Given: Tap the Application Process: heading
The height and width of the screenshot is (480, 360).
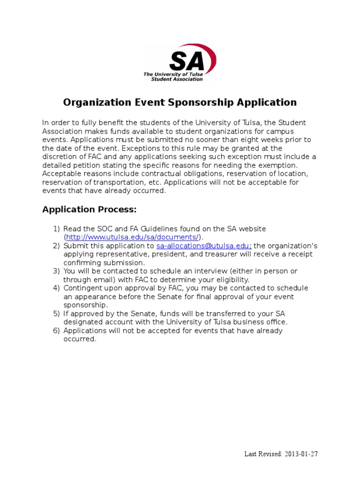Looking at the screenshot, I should (90, 209).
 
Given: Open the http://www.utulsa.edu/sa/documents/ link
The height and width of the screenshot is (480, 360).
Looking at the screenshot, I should (133, 237).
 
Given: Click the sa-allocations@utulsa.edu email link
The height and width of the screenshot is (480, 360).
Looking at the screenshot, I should (204, 246).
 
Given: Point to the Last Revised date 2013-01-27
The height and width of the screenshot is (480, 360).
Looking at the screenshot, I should (301, 454).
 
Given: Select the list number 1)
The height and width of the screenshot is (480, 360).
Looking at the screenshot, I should (56, 229).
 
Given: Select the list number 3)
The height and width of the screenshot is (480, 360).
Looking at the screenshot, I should (56, 271).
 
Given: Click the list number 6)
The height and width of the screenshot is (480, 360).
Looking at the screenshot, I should (56, 330).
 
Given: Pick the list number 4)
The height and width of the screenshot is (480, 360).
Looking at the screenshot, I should (56, 288).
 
